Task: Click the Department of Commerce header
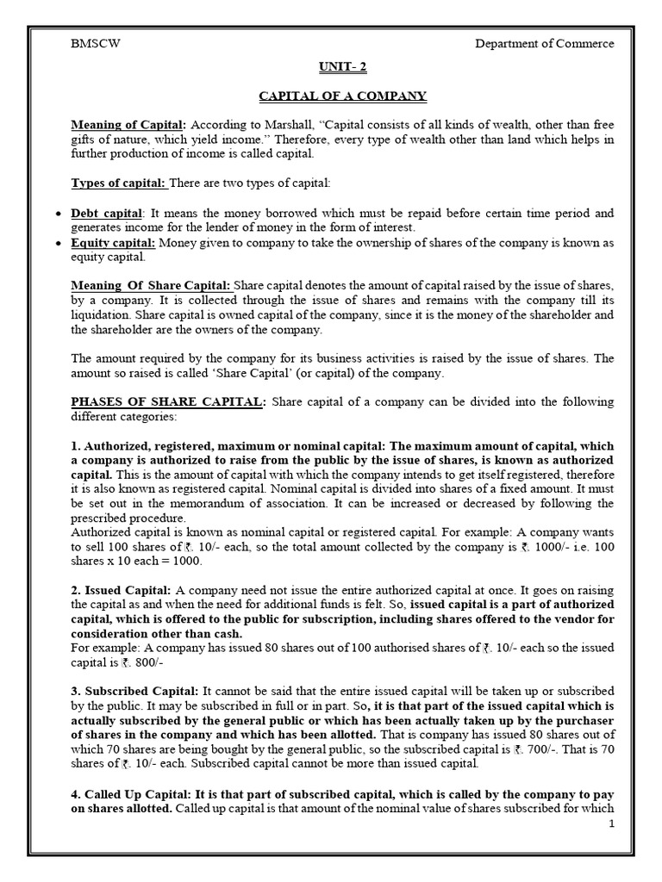(x=545, y=44)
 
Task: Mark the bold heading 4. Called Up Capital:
(x=134, y=793)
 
